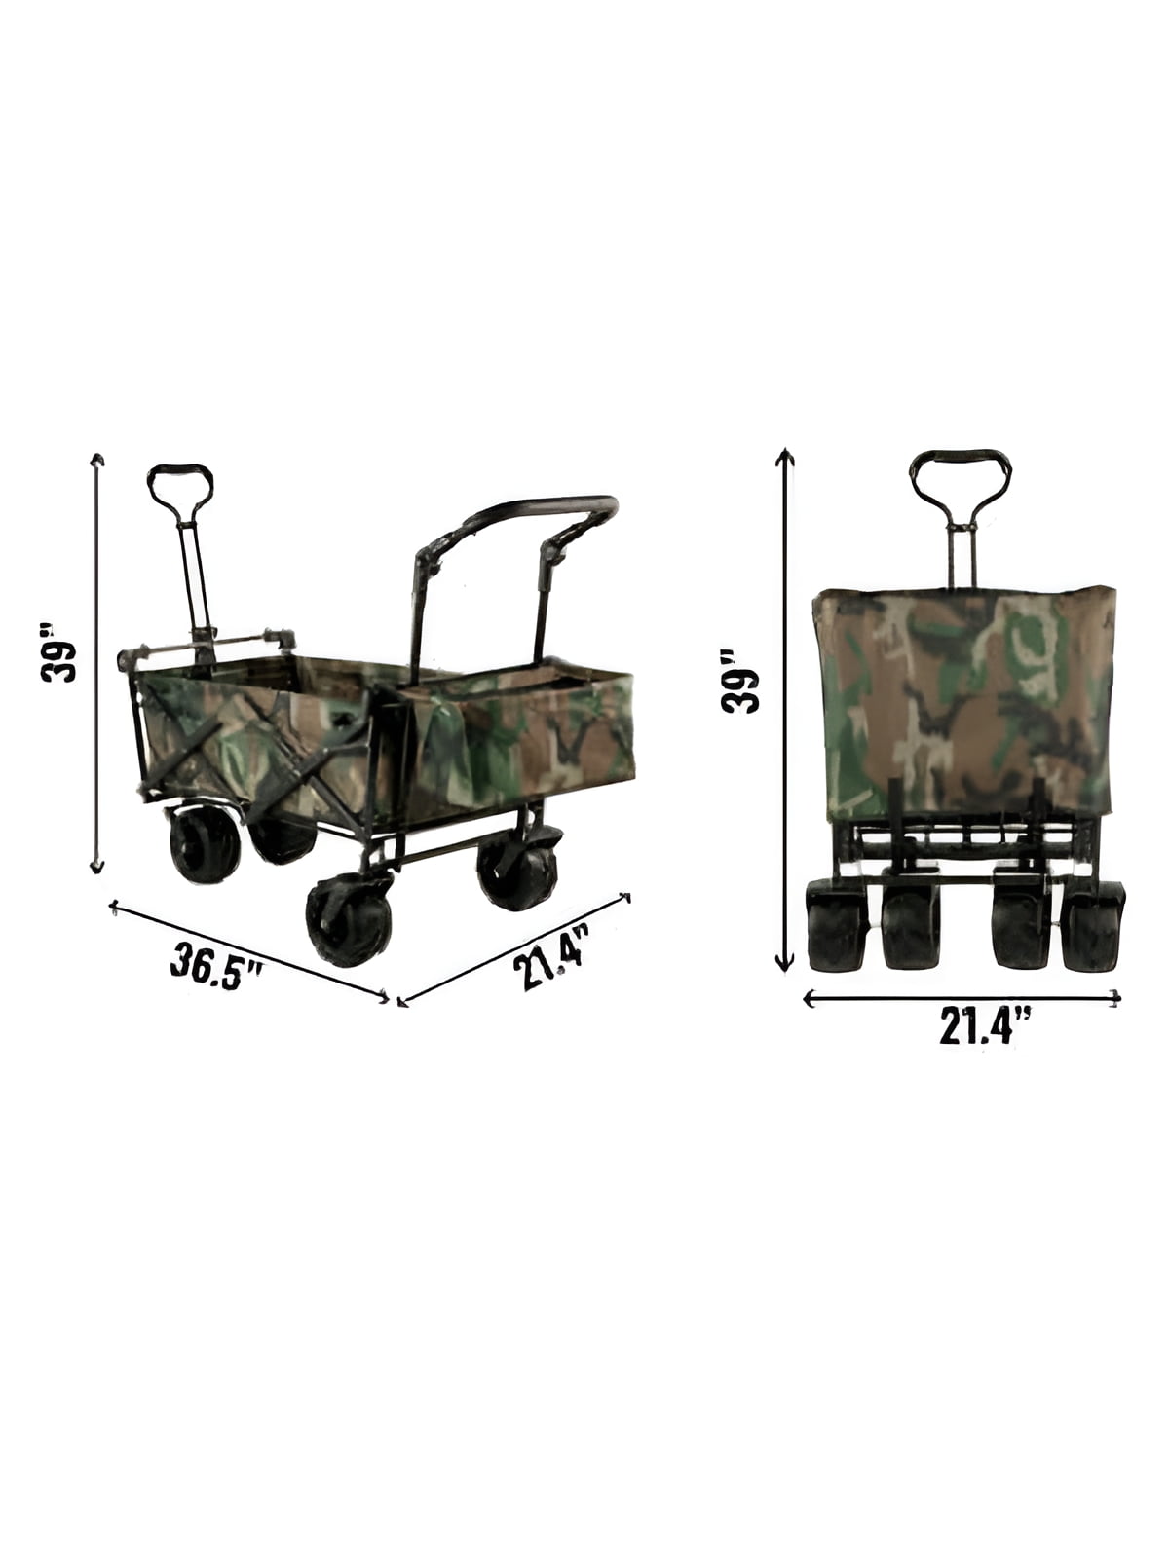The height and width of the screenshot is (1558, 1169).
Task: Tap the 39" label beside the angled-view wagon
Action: [x=58, y=653]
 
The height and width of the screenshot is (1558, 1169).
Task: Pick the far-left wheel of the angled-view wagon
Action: [x=203, y=844]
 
